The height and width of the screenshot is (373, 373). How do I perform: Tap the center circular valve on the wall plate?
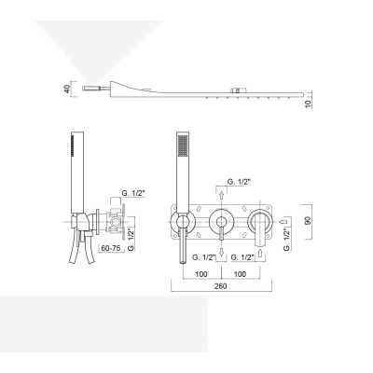coord(222,221)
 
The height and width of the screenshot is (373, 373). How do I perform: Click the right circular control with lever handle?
coord(260,222)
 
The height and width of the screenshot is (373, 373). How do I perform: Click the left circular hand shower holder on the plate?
coord(179,221)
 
